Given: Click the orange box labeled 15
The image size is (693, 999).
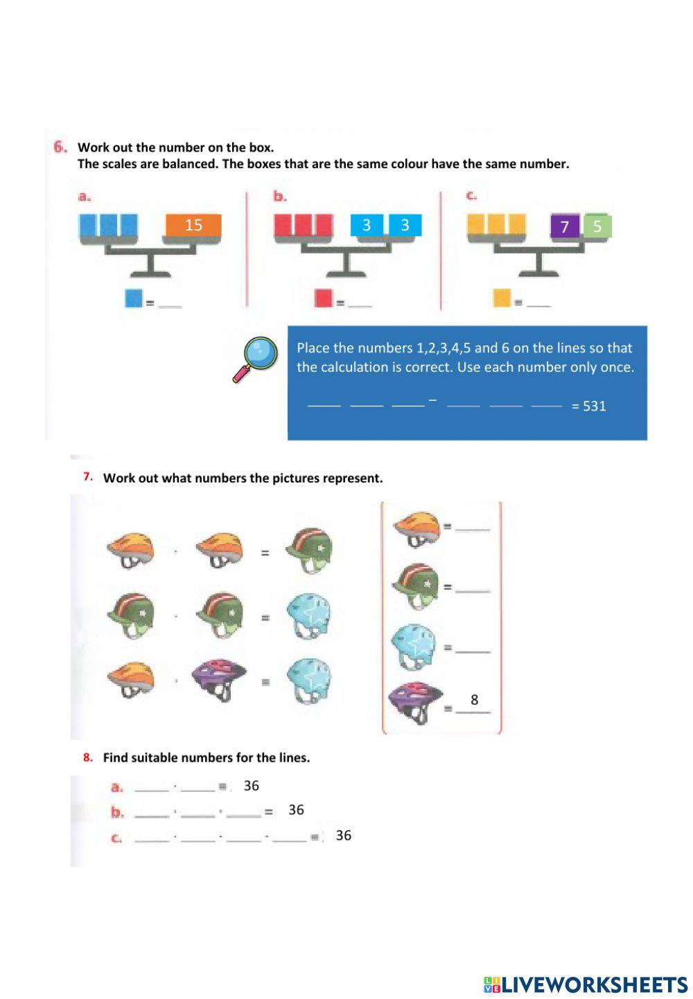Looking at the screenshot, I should pyautogui.click(x=193, y=225).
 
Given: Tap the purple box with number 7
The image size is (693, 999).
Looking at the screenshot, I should pyautogui.click(x=565, y=226).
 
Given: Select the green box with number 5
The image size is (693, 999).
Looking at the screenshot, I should pyautogui.click(x=597, y=226).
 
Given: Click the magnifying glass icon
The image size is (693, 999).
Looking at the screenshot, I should pyautogui.click(x=256, y=359).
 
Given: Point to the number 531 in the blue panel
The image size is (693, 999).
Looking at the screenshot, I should pyautogui.click(x=594, y=406).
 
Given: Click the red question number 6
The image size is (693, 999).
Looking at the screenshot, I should pyautogui.click(x=60, y=147).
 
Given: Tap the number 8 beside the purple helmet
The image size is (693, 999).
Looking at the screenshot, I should pyautogui.click(x=474, y=699).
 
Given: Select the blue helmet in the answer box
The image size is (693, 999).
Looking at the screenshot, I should pyautogui.click(x=413, y=647).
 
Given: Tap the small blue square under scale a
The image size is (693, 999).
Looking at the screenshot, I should pyautogui.click(x=134, y=298).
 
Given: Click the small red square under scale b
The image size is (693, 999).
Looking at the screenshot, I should pyautogui.click(x=324, y=298).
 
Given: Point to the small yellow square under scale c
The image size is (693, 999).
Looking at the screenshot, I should pyautogui.click(x=502, y=298).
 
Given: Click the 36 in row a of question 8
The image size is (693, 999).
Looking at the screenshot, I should pyautogui.click(x=252, y=786).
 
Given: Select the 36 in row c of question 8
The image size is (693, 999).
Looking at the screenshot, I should pyautogui.click(x=343, y=836).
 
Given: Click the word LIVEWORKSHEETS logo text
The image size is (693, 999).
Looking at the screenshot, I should pyautogui.click(x=594, y=984).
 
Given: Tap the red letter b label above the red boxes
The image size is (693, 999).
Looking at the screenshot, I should pyautogui.click(x=279, y=197).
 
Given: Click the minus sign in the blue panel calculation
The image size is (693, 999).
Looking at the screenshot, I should pyautogui.click(x=432, y=399).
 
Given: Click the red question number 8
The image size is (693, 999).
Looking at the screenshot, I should pyautogui.click(x=88, y=757).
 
